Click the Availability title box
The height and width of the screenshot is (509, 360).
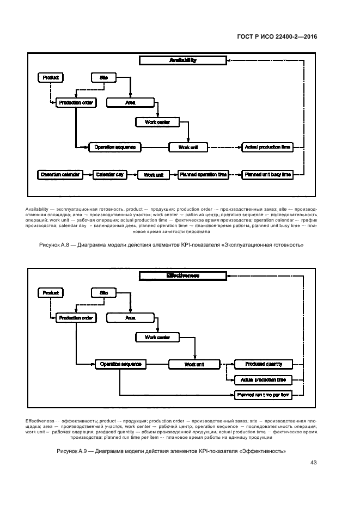tap(182, 60)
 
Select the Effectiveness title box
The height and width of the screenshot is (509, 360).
tap(182, 276)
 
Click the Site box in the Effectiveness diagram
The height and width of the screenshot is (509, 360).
tap(104, 293)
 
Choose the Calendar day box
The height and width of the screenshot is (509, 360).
tap(109, 175)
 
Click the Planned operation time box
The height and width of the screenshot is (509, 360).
tap(202, 175)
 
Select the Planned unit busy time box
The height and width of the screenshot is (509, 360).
tap(268, 175)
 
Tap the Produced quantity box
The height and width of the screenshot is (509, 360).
tap(263, 364)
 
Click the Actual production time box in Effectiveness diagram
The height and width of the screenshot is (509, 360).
tap(263, 379)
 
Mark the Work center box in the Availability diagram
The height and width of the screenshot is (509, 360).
tap(157, 122)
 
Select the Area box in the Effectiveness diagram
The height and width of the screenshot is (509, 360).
tap(130, 317)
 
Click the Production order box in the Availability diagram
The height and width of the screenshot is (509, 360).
tap(76, 102)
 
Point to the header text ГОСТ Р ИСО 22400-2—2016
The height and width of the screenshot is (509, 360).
tap(277, 37)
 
